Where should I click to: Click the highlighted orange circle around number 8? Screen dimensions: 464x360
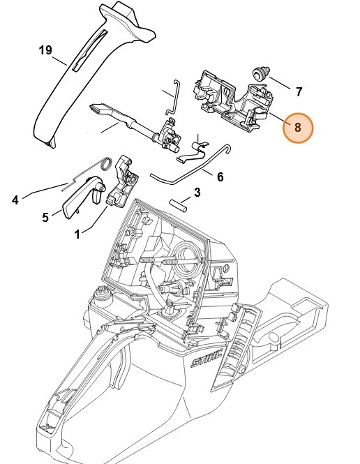tap(297, 128)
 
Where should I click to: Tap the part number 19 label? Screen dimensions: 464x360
tap(45, 50)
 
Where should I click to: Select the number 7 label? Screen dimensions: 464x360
tap(299, 91)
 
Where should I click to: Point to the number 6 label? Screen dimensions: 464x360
tap(220, 177)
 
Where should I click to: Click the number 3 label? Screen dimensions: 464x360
tap(197, 192)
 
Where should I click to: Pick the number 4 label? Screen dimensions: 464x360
tap(15, 200)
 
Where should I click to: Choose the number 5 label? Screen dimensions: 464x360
tap(45, 217)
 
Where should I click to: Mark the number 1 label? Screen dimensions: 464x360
tap(77, 235)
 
